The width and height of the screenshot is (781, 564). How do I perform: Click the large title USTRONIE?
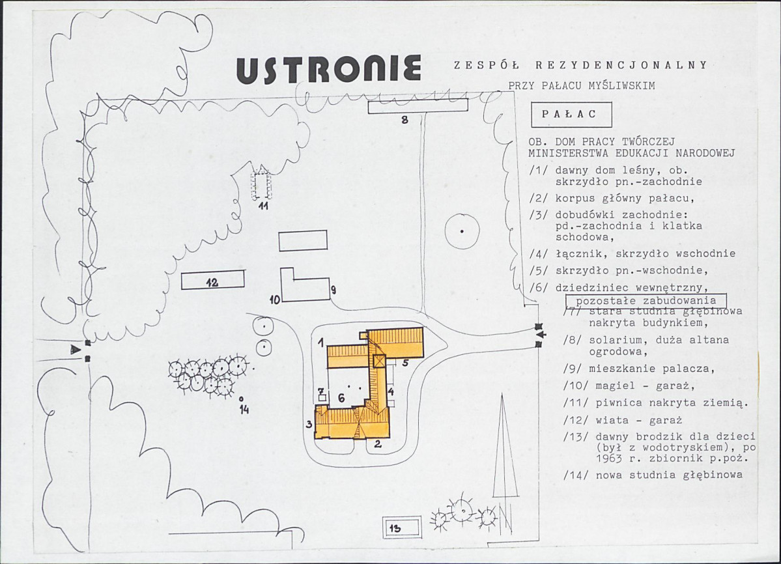[328, 68]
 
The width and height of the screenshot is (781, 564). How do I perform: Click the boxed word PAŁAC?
[571, 115]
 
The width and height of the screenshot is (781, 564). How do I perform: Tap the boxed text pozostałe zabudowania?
[646, 301]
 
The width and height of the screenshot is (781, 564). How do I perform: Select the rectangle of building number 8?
[418, 106]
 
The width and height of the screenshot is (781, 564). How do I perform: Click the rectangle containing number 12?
[213, 280]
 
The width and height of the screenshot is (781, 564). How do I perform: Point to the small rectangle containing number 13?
[402, 528]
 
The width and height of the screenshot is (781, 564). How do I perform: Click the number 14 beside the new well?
[244, 410]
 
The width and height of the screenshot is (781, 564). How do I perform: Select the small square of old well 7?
[322, 398]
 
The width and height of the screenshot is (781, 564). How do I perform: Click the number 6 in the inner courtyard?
[341, 398]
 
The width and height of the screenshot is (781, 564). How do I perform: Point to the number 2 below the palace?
[378, 444]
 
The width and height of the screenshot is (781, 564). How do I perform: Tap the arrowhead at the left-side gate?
[76, 350]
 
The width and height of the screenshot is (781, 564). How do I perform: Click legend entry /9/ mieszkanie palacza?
[639, 369]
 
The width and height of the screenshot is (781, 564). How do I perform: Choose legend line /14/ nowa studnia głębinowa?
[653, 475]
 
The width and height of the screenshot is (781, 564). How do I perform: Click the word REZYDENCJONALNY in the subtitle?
[621, 65]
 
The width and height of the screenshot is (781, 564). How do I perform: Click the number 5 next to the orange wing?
[405, 363]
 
